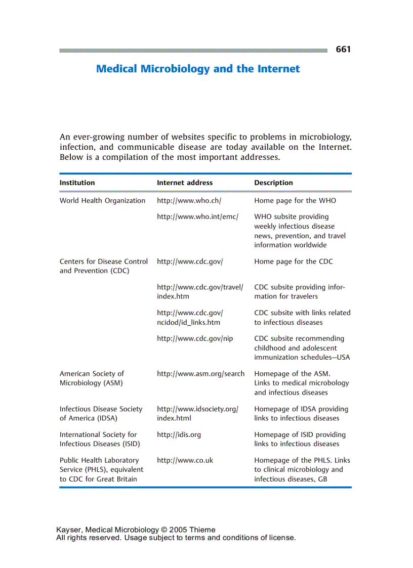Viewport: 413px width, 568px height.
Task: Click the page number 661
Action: pos(343,50)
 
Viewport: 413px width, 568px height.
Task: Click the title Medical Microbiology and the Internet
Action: pos(198,69)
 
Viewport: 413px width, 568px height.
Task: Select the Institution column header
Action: pos(77,183)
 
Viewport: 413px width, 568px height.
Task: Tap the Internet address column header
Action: pos(185,183)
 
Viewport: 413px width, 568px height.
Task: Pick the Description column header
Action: pos(273,183)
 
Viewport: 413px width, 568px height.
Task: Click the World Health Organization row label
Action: pos(102,201)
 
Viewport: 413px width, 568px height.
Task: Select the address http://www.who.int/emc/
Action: pos(197,216)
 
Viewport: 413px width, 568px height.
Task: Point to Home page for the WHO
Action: pos(295,201)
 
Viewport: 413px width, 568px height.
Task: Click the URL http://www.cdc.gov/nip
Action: pos(195,338)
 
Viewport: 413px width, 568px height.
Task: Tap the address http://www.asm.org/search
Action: pos(200,374)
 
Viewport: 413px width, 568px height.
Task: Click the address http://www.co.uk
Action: pos(185,460)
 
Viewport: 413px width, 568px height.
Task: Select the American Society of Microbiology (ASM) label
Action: pos(92,378)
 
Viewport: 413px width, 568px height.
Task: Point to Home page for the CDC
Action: pos(294,261)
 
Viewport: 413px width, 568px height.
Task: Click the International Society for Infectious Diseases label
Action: pos(100,439)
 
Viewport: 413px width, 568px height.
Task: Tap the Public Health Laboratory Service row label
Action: pos(101,469)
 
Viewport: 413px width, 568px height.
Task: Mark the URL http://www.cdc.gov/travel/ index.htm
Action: pos(200,292)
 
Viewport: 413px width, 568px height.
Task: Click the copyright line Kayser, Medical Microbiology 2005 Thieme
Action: pos(136,530)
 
